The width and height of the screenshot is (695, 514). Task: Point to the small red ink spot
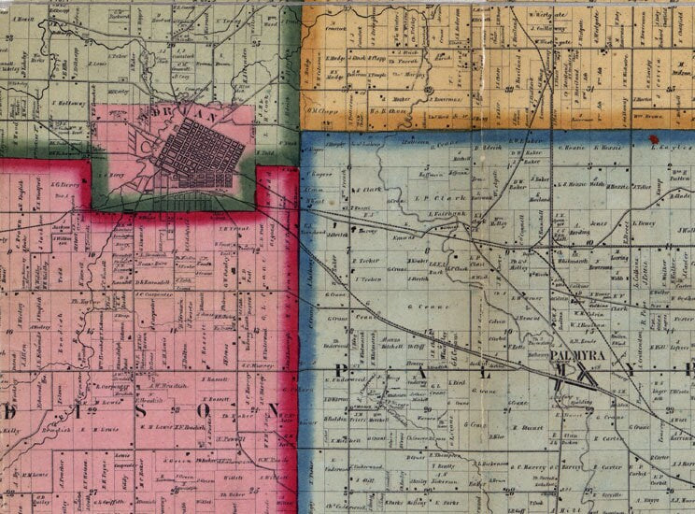651,138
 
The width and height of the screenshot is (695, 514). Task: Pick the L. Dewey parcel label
644,224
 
